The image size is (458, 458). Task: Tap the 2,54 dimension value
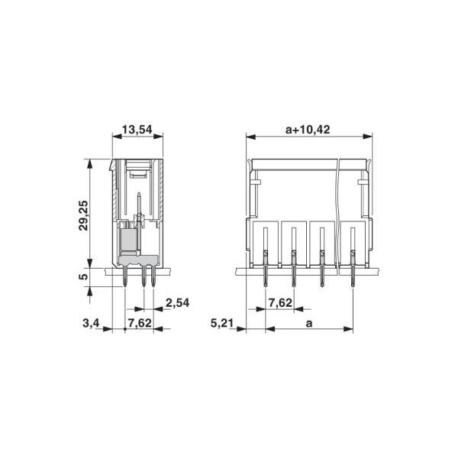click(x=177, y=303)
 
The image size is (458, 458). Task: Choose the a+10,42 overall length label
click(x=308, y=130)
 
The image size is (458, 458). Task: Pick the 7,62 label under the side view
click(x=138, y=323)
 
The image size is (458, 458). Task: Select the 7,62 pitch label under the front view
click(x=280, y=303)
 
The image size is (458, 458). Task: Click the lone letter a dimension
click(x=309, y=323)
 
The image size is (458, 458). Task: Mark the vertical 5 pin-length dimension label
click(x=84, y=276)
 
